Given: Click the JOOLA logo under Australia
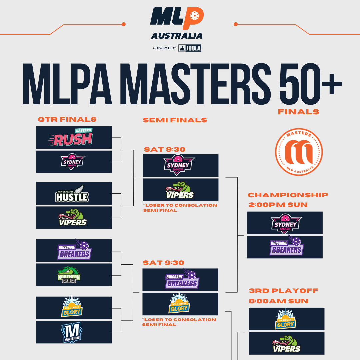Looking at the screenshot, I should pyautogui.click(x=190, y=48).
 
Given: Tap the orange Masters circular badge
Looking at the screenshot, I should pyautogui.click(x=299, y=152).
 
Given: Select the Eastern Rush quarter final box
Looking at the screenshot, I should pyautogui.click(x=74, y=137).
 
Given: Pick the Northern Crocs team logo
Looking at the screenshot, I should pyautogui.click(x=69, y=275).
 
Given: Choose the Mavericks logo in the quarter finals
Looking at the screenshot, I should pyautogui.click(x=72, y=332).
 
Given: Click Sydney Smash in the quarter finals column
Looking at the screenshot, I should pyautogui.click(x=73, y=162).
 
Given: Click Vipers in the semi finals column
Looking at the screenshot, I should pyautogui.click(x=180, y=190).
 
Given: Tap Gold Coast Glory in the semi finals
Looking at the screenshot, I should pyautogui.click(x=179, y=304).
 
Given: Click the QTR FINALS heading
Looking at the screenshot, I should pyautogui.click(x=67, y=119).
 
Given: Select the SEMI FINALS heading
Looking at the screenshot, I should pyautogui.click(x=175, y=120).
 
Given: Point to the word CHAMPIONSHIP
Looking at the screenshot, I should pyautogui.click(x=288, y=195).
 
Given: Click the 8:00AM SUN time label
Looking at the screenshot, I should pyautogui.click(x=278, y=301).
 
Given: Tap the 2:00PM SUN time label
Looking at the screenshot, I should pyautogui.click(x=278, y=205).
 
